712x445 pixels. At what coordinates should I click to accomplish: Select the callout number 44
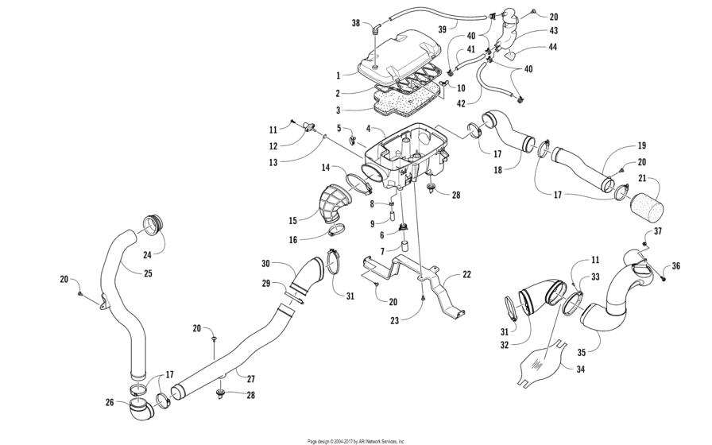click(552, 47)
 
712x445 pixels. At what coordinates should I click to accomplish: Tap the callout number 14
click(326, 167)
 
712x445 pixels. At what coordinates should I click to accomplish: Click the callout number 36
click(675, 266)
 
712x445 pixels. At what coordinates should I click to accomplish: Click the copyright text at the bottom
click(356, 440)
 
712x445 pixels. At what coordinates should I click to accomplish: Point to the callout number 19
click(641, 146)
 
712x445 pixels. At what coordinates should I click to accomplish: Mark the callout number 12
click(274, 145)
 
